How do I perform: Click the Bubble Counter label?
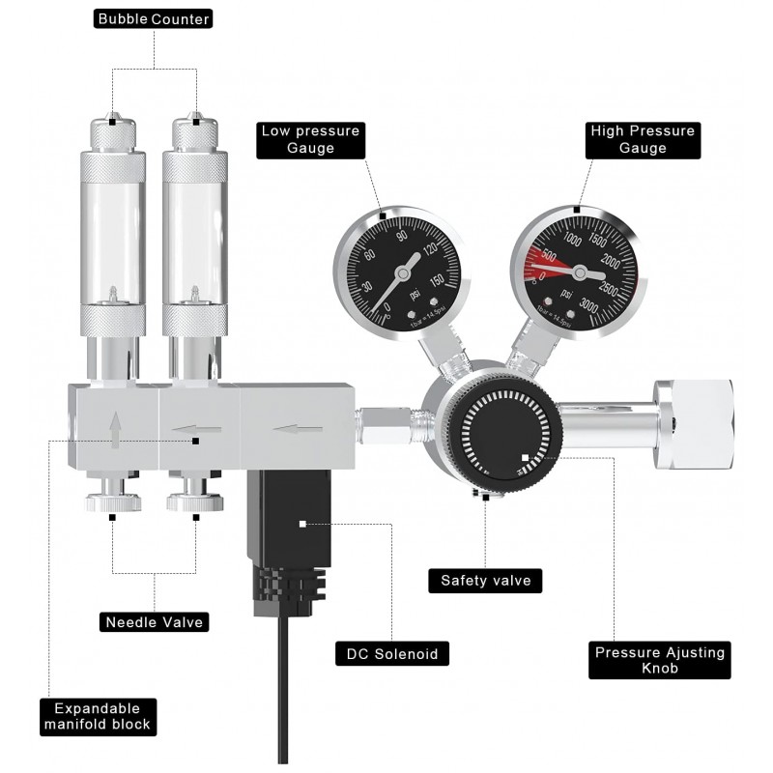point(155,19)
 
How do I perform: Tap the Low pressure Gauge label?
point(309,140)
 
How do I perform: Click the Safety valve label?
point(485,581)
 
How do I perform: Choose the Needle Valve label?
point(155,622)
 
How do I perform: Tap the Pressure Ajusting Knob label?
point(660,661)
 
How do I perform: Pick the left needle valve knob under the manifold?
point(113,501)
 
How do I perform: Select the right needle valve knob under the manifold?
point(192,501)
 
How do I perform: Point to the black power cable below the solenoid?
point(282,696)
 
